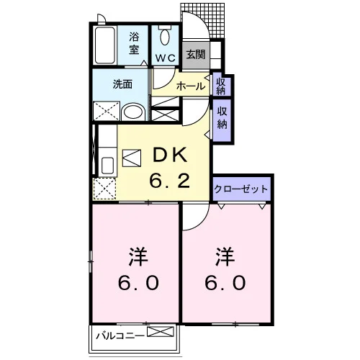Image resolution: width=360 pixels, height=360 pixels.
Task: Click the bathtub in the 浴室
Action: pyautogui.click(x=105, y=45)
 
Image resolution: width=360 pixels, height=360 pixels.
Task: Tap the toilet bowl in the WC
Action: pyautogui.click(x=165, y=37)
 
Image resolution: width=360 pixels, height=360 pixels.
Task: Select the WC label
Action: pyautogui.click(x=166, y=58)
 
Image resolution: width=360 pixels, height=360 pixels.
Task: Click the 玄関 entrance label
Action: pyautogui.click(x=196, y=55)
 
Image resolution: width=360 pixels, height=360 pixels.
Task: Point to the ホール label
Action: pyautogui.click(x=191, y=86)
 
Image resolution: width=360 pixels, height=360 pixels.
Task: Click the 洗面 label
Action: pyautogui.click(x=122, y=84)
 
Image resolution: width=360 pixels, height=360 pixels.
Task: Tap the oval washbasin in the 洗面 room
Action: pyautogui.click(x=133, y=112)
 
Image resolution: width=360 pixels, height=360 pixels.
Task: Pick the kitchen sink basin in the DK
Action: pyautogui.click(x=107, y=166)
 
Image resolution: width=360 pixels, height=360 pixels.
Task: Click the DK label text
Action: pyautogui.click(x=170, y=155)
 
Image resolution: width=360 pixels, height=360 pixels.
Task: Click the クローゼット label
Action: pyautogui.click(x=240, y=189)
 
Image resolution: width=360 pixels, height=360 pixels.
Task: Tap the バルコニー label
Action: pyautogui.click(x=120, y=336)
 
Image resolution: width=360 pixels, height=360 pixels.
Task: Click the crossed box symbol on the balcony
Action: pyautogui.click(x=161, y=331)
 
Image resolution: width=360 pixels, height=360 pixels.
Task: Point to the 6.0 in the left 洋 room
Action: pyautogui.click(x=138, y=282)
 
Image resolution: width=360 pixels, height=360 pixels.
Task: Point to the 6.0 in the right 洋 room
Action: pyautogui.click(x=225, y=282)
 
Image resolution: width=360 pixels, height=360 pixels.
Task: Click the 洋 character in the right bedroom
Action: pyautogui.click(x=225, y=256)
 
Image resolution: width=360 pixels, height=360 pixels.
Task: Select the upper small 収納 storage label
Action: pyautogui.click(x=221, y=86)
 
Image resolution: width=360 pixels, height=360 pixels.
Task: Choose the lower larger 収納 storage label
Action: pyautogui.click(x=222, y=117)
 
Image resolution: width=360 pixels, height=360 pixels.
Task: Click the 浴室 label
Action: pyautogui.click(x=134, y=43)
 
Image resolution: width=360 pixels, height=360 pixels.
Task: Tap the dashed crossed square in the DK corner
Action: pyautogui.click(x=104, y=189)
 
